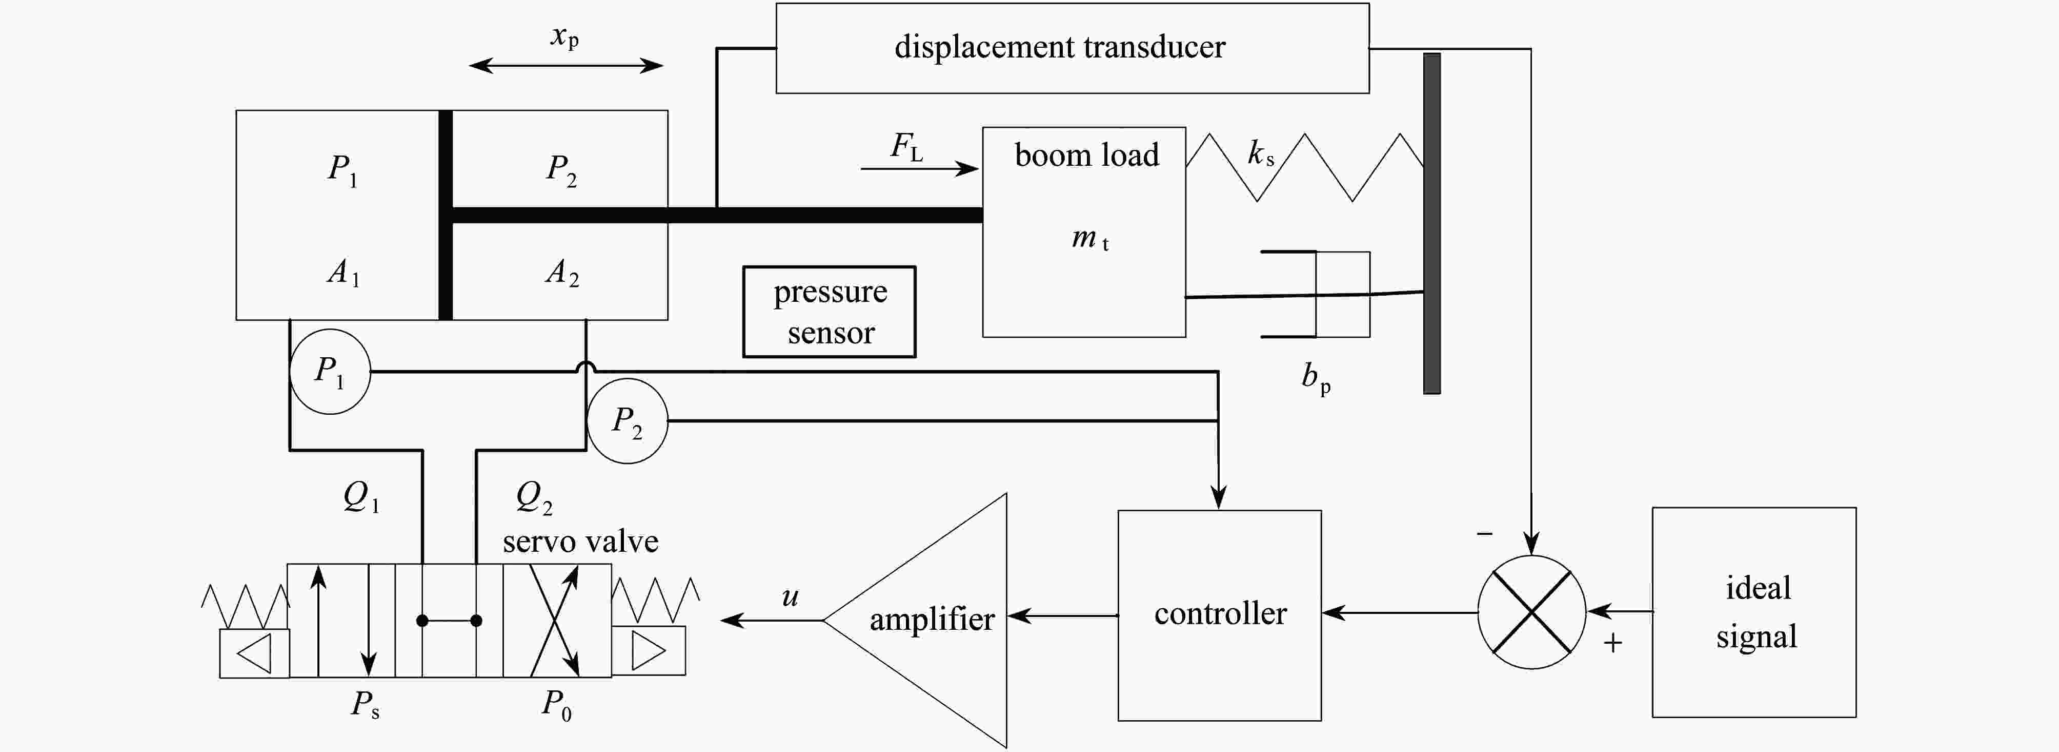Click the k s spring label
tap(1261, 152)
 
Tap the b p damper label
tap(1316, 378)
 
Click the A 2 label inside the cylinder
tap(562, 272)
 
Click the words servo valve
tap(580, 542)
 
